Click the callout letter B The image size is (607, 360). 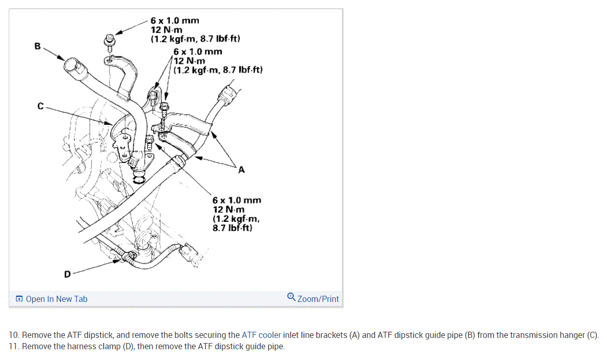click(37, 46)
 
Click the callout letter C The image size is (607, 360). click(41, 107)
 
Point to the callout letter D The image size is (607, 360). click(67, 274)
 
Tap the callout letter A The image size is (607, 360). click(241, 170)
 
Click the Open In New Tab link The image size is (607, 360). click(56, 299)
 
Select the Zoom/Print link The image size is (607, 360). click(318, 299)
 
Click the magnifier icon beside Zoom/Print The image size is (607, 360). click(291, 297)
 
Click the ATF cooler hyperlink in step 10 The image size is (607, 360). click(261, 335)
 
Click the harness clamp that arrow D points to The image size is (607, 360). click(126, 254)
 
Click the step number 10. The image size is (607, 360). click(14, 335)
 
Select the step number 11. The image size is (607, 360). click(14, 346)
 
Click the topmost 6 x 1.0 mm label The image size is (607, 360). click(175, 21)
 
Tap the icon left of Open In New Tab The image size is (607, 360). click(19, 299)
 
